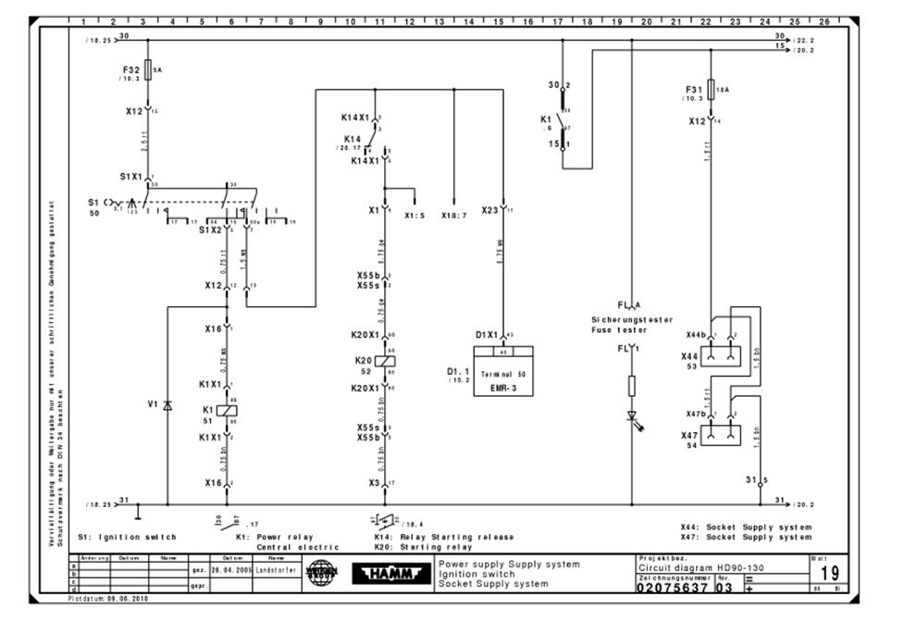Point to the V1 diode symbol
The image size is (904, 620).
(167, 404)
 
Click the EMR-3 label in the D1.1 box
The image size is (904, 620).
(502, 391)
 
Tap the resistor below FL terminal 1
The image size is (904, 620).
(632, 386)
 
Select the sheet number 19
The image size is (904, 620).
(830, 574)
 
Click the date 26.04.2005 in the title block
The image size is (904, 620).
(230, 570)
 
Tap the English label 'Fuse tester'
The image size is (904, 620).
(619, 329)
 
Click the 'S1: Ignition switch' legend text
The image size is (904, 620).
(127, 537)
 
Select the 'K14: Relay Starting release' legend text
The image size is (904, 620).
(443, 537)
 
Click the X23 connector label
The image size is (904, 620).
(490, 210)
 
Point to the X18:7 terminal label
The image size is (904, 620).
(455, 215)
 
